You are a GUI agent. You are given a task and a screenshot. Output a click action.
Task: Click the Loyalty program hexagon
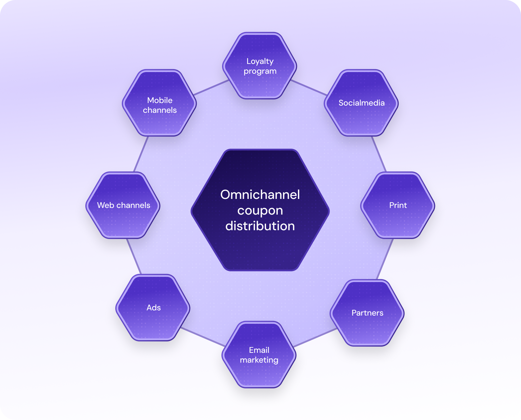tap(260, 66)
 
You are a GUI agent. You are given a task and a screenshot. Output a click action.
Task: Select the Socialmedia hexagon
tap(361, 103)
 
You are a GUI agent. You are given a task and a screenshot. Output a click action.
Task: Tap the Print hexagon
tap(398, 205)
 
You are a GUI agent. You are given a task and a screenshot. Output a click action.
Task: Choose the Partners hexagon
tap(367, 313)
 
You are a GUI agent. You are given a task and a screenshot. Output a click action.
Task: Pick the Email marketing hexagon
tap(259, 355)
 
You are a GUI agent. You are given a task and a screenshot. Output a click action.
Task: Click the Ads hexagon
tap(153, 308)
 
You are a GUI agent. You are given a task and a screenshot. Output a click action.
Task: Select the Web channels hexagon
tap(123, 205)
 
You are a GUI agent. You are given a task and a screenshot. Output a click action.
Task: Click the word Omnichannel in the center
tap(260, 195)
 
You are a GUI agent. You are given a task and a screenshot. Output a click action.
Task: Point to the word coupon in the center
tap(260, 211)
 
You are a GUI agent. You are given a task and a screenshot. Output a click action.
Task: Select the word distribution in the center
tap(260, 226)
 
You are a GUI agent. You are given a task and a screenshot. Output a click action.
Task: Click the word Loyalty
tap(260, 61)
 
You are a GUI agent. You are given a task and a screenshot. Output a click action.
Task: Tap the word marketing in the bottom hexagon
tap(259, 360)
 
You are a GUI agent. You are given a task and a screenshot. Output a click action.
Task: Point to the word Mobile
tap(160, 100)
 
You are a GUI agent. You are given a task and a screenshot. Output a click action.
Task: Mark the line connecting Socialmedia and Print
tap(379, 154)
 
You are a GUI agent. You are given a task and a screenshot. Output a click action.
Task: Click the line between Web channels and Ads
tap(134, 256)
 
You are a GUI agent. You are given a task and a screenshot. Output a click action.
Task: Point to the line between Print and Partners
tap(385, 260)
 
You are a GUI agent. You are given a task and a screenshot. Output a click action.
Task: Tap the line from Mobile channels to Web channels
tap(141, 154)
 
